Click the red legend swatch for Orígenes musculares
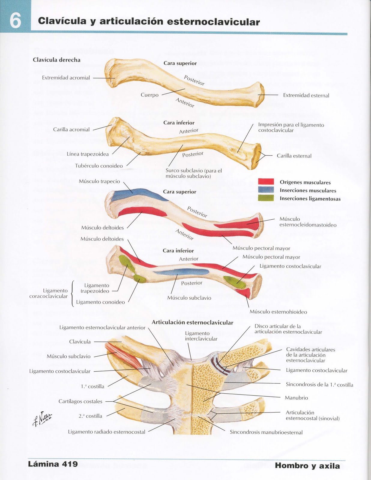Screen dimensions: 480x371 (x=266, y=181)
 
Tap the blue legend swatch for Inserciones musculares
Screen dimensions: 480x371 (x=266, y=190)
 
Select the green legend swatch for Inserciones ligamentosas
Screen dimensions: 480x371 (x=266, y=198)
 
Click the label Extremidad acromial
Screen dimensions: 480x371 (x=66, y=78)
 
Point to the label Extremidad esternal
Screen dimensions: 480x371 (x=306, y=95)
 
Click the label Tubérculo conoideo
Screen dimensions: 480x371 (x=99, y=166)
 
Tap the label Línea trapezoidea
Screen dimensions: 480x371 (x=88, y=154)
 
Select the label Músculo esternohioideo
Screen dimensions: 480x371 (x=278, y=312)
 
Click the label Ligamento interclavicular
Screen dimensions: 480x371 (x=201, y=336)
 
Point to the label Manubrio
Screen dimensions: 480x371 (x=296, y=398)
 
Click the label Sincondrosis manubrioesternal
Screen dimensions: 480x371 (x=266, y=432)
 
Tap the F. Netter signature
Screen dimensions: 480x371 (x=43, y=418)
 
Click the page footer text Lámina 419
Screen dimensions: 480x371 (x=53, y=464)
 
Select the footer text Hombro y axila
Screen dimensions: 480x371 (x=307, y=466)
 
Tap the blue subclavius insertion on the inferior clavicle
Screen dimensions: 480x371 (x=180, y=272)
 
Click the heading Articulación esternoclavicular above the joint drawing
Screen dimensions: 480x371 (x=192, y=322)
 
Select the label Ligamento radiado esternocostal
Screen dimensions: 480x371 (x=107, y=432)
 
